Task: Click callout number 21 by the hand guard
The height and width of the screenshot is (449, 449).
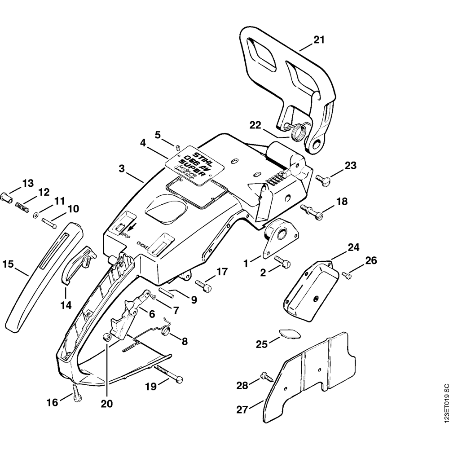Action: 318,40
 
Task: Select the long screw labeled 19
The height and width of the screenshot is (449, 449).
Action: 168,374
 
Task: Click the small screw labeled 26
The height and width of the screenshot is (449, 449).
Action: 346,275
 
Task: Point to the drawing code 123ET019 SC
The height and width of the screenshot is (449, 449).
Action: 445,408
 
